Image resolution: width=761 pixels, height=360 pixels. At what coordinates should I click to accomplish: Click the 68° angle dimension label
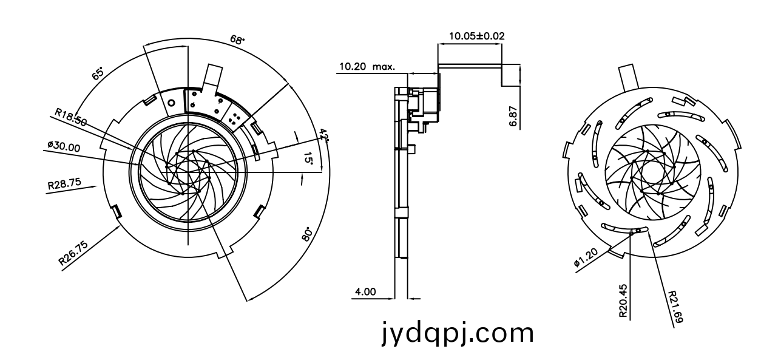coord(237,40)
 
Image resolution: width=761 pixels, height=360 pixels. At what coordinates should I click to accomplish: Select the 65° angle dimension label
coord(98,73)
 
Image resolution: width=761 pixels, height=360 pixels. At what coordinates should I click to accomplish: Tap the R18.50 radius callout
coord(71,117)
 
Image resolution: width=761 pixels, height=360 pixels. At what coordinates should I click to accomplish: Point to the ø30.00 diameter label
coord(64,146)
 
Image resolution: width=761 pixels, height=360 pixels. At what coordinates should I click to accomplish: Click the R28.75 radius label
coord(64,183)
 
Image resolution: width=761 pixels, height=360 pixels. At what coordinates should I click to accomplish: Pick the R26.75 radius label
coord(73,253)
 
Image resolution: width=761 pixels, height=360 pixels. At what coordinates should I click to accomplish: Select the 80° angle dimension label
coord(307,234)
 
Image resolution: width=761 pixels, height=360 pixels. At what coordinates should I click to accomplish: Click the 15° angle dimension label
coord(308,158)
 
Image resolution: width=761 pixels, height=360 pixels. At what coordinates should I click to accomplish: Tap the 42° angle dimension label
coord(324,135)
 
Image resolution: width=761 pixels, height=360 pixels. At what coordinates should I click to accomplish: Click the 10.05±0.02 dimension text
coord(476,36)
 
